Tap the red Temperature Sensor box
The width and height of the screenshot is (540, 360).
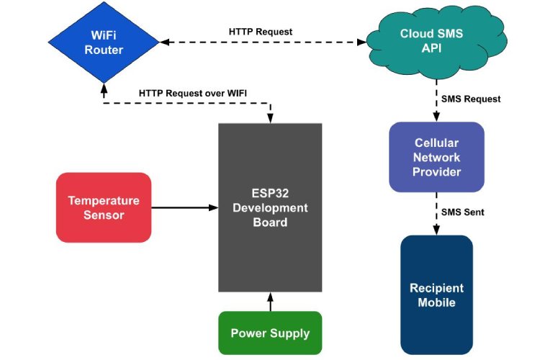[104, 207]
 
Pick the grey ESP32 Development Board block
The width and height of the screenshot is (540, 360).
[270, 209]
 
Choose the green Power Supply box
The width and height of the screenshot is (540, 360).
[270, 333]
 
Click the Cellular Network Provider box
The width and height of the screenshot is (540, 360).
[436, 157]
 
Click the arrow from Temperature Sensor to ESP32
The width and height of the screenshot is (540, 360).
[184, 207]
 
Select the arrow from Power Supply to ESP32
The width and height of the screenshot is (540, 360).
[270, 302]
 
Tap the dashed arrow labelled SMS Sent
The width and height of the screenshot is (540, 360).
[436, 213]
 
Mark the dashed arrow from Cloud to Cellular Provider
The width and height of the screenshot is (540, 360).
[436, 101]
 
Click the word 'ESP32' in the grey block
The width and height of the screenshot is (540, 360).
[270, 193]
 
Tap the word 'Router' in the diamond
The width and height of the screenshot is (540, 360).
[104, 50]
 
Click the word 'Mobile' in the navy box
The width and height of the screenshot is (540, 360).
[436, 302]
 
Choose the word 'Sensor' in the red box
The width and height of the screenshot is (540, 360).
[104, 215]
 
